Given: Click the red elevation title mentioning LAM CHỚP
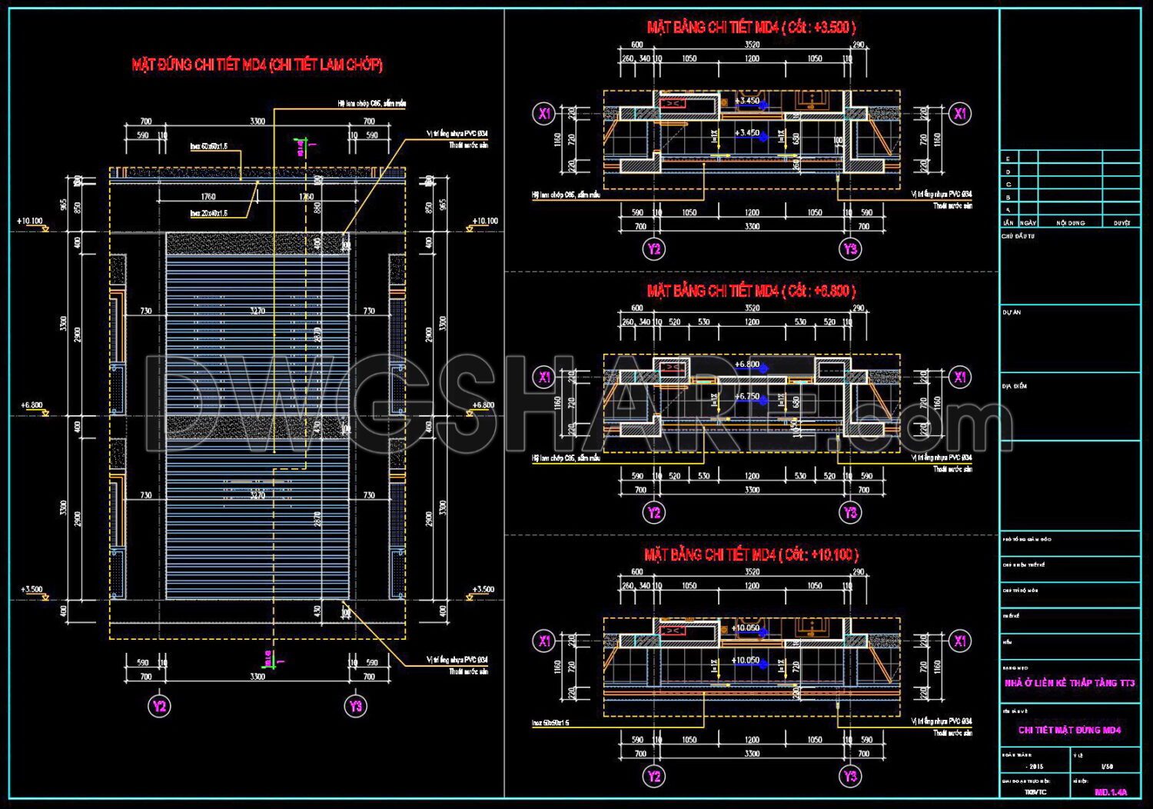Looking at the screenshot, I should click(257, 65).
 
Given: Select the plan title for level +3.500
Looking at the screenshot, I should click(751, 28).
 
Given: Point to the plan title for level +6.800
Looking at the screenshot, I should click(751, 291).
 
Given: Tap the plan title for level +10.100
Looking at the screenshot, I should click(751, 554).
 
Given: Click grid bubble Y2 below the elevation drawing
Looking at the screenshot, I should click(159, 706).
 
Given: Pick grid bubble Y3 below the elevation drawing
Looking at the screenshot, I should click(355, 706).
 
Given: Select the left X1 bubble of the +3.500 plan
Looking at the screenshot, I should click(544, 114).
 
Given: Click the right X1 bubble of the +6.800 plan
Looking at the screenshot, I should click(960, 377).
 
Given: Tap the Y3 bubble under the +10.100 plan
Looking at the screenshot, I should click(850, 776).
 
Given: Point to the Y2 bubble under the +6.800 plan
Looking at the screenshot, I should click(654, 512).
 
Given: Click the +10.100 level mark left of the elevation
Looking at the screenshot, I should click(31, 221).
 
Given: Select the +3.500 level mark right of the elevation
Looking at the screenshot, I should click(483, 590).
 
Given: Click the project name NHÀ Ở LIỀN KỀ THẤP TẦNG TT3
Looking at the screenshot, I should click(1069, 683).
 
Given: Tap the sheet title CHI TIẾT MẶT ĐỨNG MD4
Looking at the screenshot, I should click(1069, 730).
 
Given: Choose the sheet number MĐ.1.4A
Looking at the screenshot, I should click(1110, 791).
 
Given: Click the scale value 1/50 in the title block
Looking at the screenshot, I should click(1107, 767).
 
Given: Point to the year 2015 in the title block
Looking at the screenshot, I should click(1035, 767).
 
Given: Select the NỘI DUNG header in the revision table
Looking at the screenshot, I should click(1070, 223).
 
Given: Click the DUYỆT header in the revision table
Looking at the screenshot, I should click(1121, 223).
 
